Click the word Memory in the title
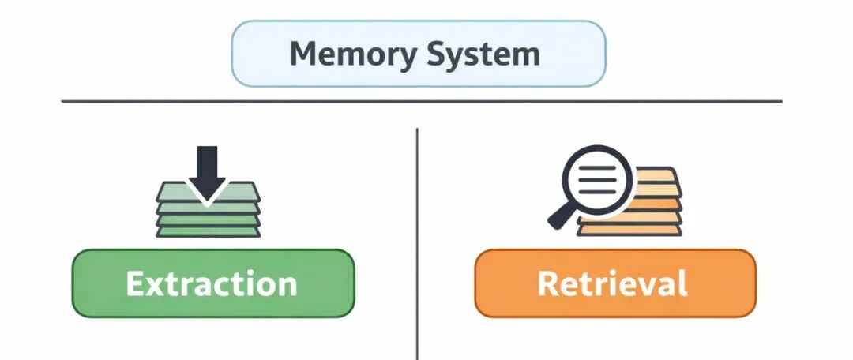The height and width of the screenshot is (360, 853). click(350, 54)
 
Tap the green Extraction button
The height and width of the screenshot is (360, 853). click(212, 283)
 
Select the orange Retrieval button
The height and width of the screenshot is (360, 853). click(614, 283)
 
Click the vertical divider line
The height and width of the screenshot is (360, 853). click(417, 237)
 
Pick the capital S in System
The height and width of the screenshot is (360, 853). click(440, 54)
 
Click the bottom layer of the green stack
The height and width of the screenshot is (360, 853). click(208, 231)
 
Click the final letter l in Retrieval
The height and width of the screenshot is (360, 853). click(682, 283)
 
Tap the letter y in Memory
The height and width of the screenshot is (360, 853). click(400, 58)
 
